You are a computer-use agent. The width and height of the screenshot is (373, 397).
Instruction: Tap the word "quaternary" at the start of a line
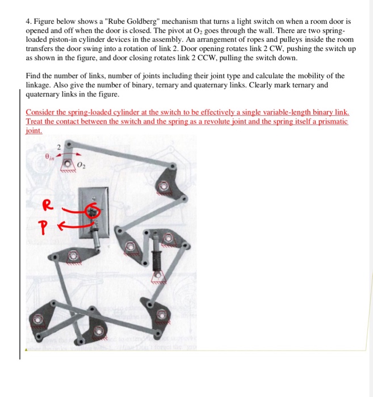(x=43, y=94)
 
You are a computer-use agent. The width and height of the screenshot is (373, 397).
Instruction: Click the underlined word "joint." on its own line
(x=34, y=130)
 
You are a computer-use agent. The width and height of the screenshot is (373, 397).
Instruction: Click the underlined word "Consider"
(x=40, y=112)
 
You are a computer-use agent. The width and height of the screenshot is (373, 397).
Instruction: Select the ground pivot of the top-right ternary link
(x=164, y=185)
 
